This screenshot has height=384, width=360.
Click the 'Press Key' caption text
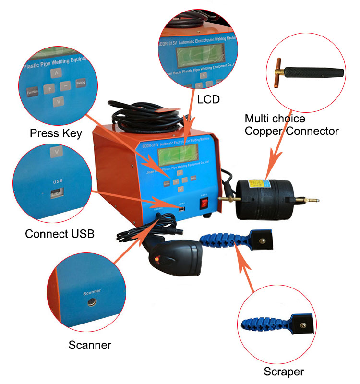point(56,133)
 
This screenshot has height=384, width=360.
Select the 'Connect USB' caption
point(60,234)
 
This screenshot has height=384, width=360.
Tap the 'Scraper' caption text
point(284,371)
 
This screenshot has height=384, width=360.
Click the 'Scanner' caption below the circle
point(90,345)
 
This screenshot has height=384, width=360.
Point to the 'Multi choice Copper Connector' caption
point(292,124)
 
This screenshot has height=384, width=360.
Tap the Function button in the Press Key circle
point(33,91)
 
